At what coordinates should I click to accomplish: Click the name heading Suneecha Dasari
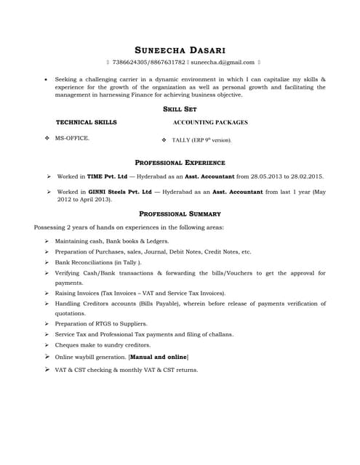pos(180,49)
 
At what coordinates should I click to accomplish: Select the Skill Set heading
pos(180,108)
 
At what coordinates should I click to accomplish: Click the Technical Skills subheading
pos(86,122)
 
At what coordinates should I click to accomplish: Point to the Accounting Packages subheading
pos(210,122)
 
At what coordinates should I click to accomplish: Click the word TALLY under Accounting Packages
pos(181,139)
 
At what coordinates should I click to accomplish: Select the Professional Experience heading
pos(180,162)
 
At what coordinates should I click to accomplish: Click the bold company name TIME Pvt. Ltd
pos(107,177)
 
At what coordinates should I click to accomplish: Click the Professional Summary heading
pos(180,214)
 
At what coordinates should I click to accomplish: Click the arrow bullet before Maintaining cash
pos(47,240)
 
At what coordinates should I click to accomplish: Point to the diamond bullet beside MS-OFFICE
pos(47,137)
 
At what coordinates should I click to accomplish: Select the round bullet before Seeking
pos(47,77)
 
